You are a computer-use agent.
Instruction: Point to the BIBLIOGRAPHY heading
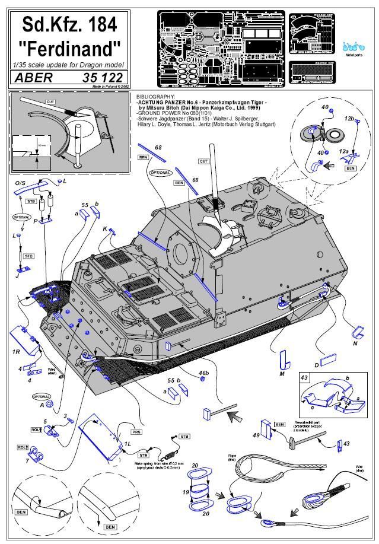tap(155, 96)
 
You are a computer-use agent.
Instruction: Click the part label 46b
tap(203, 373)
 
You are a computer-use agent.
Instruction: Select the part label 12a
tap(343, 152)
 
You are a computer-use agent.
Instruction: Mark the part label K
tap(105, 228)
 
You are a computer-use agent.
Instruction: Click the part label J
tap(18, 275)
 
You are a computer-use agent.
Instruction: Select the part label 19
tap(185, 492)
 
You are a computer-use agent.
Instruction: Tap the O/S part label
tap(20, 184)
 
